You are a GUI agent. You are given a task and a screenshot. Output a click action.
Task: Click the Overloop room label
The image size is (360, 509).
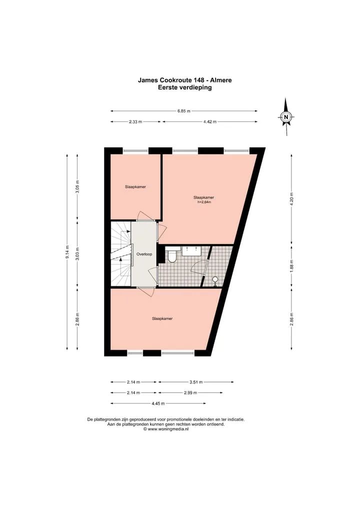coord(144,254)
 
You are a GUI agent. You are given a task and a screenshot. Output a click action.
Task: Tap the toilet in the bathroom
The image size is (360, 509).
coord(172,255)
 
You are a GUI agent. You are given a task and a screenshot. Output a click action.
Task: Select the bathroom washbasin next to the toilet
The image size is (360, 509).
coord(191,251)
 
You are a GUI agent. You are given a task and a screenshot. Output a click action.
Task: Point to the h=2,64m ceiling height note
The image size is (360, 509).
coord(204,202)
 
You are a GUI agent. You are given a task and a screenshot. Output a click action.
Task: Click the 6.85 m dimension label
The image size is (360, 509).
coord(183,111)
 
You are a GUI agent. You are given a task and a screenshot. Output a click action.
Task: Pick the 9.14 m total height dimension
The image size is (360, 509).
coord(67,252)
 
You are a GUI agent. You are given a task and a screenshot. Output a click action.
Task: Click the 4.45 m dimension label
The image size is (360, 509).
coord(158,403)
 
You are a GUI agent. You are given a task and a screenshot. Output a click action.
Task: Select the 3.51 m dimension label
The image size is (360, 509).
coord(196,382)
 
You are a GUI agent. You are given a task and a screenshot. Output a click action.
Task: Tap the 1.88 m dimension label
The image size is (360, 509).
coord(291,266)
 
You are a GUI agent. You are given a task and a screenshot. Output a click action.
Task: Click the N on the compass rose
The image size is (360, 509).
coord(286,117)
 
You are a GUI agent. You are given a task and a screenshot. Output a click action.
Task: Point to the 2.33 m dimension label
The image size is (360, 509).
coord(135,121)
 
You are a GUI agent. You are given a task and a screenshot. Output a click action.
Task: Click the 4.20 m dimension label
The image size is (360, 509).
coord(291,199)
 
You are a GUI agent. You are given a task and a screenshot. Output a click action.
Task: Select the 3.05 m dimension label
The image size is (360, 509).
coord(77,186)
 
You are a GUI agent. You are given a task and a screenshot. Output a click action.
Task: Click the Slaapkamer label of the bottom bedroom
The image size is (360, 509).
coord(162,319)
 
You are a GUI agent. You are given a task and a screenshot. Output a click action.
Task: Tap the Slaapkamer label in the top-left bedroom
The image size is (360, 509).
coord(135,187)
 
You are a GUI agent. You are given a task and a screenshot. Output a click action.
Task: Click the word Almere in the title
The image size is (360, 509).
coord(220,80)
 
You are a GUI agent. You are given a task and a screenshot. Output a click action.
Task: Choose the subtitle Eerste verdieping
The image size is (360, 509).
coord(184,87)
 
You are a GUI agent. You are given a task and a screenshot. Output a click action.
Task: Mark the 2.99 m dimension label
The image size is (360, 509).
coord(190,393)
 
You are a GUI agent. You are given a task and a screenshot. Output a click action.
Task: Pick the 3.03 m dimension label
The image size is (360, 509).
coord(77,254)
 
